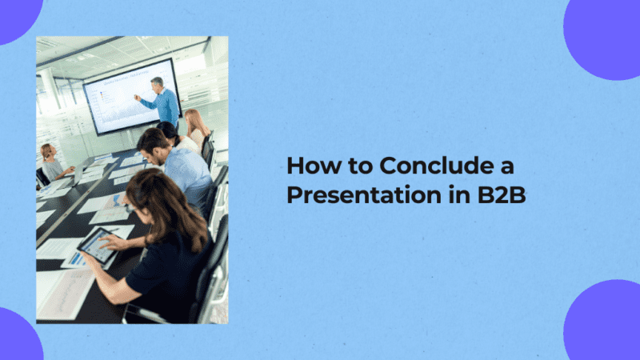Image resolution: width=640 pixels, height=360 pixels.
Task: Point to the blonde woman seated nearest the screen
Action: pyautogui.click(x=195, y=124)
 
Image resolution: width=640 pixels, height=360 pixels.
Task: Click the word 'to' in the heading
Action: pyautogui.click(x=358, y=166)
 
